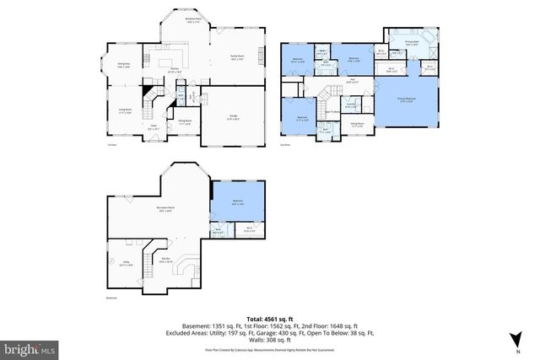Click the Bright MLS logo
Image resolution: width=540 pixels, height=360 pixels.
(x=29, y=347)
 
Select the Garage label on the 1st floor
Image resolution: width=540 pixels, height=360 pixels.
(x=232, y=117)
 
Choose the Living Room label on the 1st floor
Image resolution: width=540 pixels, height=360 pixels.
(x=124, y=110)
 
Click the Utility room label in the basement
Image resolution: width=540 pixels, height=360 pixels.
(x=124, y=264)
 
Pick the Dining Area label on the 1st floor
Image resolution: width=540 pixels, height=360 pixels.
(x=123, y=64)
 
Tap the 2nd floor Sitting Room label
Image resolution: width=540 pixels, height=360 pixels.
(x=357, y=124)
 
